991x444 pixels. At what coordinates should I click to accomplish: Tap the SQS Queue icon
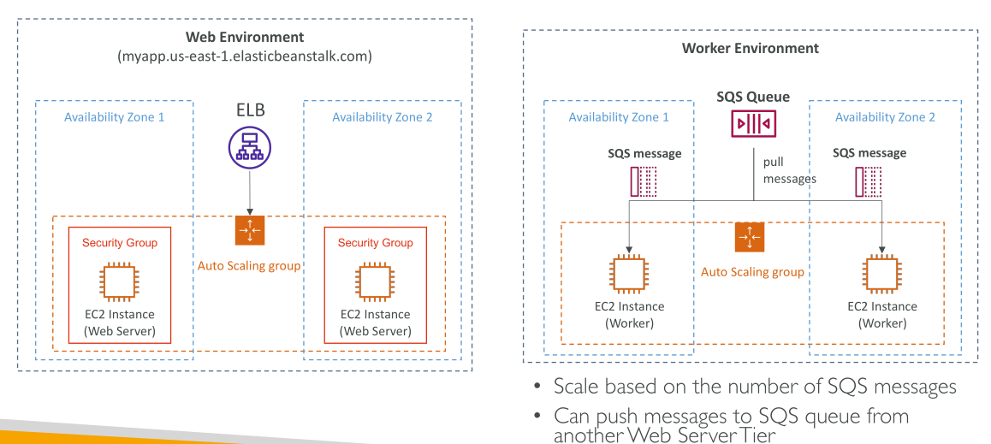click(x=753, y=124)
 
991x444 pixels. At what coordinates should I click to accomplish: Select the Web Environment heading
click(x=245, y=38)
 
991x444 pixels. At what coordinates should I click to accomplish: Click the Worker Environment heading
click(x=751, y=48)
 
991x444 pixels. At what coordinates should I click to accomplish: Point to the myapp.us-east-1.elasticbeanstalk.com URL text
click(x=245, y=56)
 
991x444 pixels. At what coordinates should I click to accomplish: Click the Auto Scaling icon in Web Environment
click(x=250, y=230)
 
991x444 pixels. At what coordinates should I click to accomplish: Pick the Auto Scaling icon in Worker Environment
click(x=751, y=238)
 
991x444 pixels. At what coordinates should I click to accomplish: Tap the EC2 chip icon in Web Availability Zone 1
click(x=119, y=279)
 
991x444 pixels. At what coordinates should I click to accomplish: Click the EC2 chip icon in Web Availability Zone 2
click(x=375, y=279)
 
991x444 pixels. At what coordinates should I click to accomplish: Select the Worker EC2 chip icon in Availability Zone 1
click(x=630, y=274)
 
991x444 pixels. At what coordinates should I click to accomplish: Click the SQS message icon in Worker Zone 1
click(x=644, y=181)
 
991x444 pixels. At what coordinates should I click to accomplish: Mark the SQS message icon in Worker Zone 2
click(x=869, y=181)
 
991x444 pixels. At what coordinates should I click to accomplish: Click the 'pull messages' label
click(x=789, y=170)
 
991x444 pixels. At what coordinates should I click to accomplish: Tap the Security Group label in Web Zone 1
click(x=120, y=243)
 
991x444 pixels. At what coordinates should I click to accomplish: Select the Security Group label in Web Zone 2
click(x=376, y=243)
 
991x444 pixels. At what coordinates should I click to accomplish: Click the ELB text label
click(x=249, y=110)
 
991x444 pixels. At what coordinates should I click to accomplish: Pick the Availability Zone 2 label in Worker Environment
click(x=885, y=117)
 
